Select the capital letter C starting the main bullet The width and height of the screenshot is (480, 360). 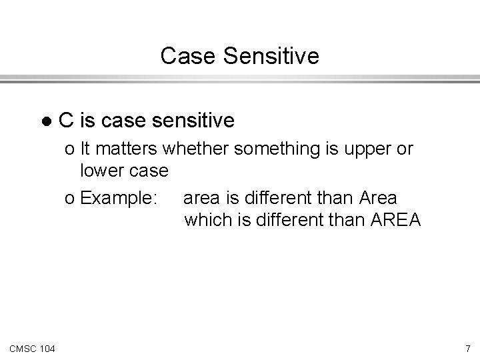tap(65, 121)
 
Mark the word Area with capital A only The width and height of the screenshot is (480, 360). tap(377, 198)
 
